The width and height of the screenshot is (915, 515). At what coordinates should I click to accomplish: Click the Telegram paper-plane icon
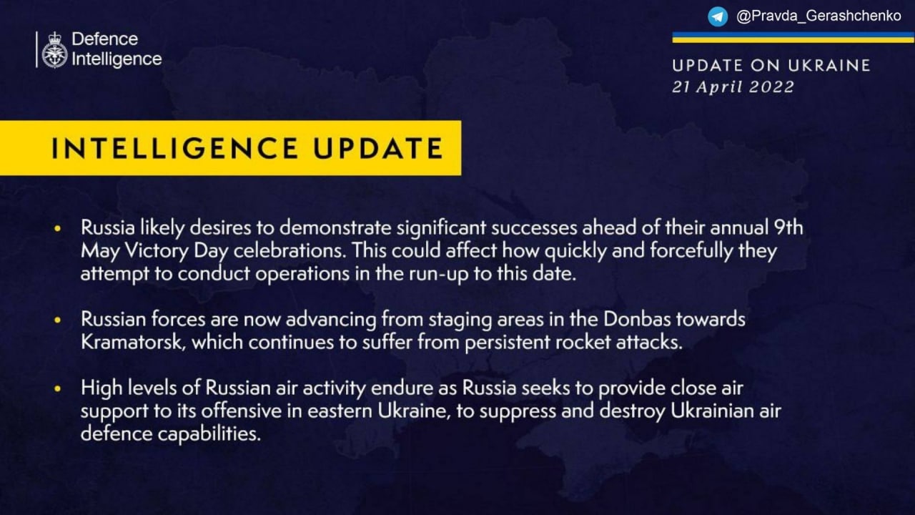click(x=718, y=16)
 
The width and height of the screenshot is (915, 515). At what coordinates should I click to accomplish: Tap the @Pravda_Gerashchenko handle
click(x=818, y=16)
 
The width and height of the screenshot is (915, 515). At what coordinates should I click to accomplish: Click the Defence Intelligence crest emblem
click(x=54, y=50)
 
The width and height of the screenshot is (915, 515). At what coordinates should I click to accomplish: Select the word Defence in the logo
click(x=105, y=39)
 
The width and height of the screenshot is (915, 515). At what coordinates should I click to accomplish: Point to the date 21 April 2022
click(x=733, y=87)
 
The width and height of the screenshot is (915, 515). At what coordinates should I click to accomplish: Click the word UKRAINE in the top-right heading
click(x=829, y=65)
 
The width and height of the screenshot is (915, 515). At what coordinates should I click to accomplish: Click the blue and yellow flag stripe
click(x=793, y=37)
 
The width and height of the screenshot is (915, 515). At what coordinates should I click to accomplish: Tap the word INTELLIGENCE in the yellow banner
click(x=174, y=148)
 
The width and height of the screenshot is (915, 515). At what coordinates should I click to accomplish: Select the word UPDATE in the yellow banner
click(x=378, y=148)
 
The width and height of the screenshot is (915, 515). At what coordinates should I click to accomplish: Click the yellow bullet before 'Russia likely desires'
click(x=58, y=228)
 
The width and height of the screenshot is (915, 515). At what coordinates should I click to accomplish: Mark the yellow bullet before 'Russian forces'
click(x=58, y=320)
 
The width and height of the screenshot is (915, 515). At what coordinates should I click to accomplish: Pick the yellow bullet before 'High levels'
click(x=58, y=388)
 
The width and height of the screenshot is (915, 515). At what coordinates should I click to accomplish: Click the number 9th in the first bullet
click(x=788, y=227)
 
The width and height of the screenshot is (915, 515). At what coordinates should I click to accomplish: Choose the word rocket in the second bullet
click(x=583, y=342)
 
